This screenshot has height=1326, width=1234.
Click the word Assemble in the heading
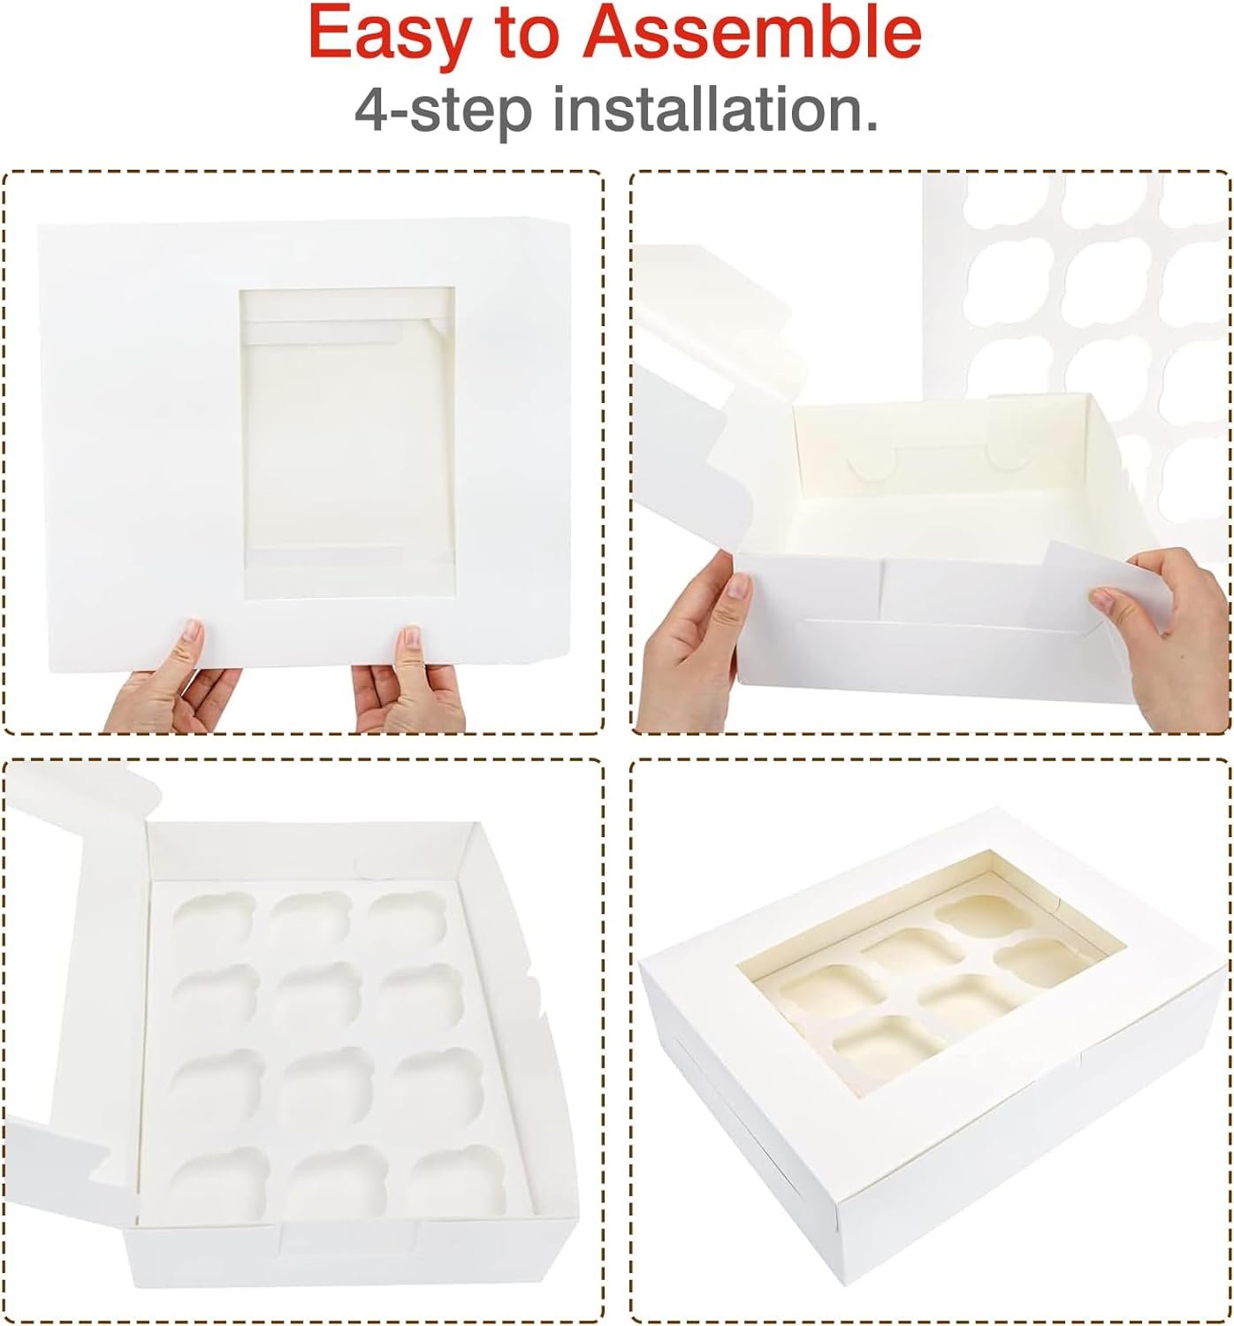[x=752, y=33]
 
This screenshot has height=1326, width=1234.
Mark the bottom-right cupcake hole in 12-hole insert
[x=453, y=1180]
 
